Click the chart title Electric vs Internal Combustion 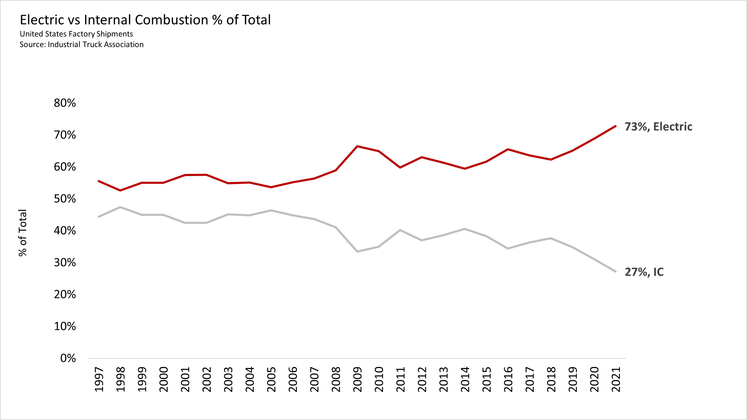(x=145, y=20)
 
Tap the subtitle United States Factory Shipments (x=76, y=34)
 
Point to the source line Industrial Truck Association (x=81, y=44)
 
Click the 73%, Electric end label (x=658, y=127)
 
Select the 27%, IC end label (x=644, y=272)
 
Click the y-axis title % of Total (x=23, y=233)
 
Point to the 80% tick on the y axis (x=65, y=103)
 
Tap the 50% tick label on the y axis (x=65, y=199)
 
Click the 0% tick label (x=68, y=358)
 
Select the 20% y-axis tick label (x=65, y=295)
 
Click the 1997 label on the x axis (x=99, y=379)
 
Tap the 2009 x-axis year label (x=358, y=379)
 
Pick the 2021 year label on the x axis (x=616, y=379)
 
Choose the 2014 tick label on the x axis (x=465, y=379)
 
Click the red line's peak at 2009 (x=358, y=146)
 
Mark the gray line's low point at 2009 (x=358, y=251)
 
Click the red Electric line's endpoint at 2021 (x=615, y=126)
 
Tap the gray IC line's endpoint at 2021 (x=615, y=271)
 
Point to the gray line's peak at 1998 (x=120, y=207)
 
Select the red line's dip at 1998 (x=120, y=190)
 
